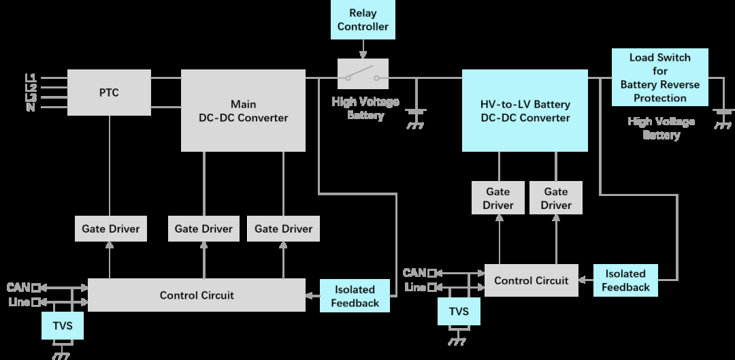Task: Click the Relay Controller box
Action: point(363,20)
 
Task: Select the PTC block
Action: point(109,93)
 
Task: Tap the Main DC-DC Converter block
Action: point(243,110)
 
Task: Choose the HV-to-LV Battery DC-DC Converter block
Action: point(525,110)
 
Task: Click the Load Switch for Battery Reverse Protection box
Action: point(659,77)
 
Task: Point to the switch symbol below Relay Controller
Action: point(363,73)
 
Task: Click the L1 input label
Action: point(31,77)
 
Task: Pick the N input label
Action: point(31,107)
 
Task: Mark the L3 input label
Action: point(31,97)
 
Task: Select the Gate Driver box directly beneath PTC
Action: point(110,229)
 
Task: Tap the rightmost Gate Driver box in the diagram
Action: point(556,198)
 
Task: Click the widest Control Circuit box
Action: point(197,295)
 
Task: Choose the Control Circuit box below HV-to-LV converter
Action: point(531,280)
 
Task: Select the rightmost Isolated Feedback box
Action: point(625,280)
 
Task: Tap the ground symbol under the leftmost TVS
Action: point(62,354)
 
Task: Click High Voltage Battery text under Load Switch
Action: point(661,128)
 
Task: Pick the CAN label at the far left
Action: point(18,287)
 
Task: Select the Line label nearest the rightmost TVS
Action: point(415,287)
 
